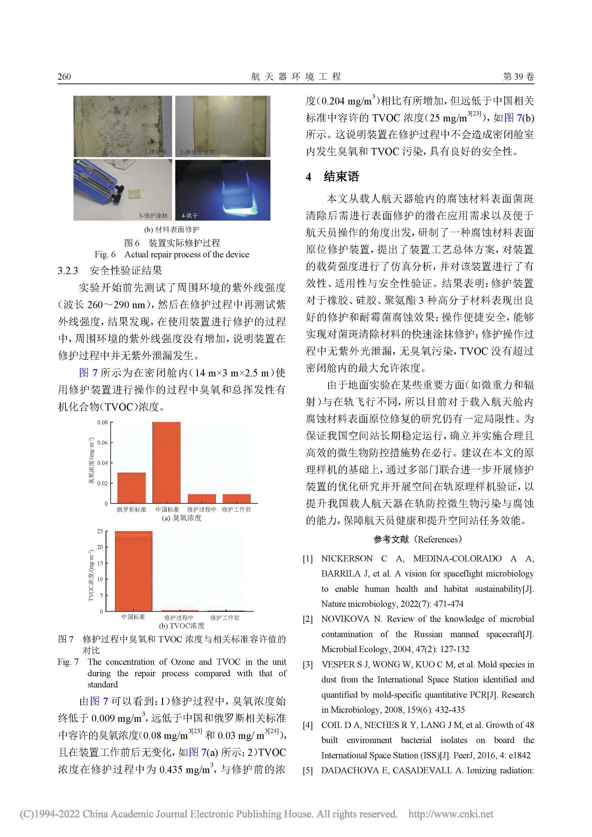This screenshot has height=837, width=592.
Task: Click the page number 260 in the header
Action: (64, 77)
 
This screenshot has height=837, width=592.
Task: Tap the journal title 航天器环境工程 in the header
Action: (296, 77)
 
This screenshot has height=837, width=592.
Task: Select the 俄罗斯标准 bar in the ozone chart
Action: (131, 488)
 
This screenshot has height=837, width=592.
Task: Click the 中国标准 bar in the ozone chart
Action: (166, 463)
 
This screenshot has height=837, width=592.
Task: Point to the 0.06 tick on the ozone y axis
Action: (102, 443)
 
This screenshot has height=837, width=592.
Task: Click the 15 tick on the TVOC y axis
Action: (100, 563)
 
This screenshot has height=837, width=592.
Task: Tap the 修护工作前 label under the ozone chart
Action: (236, 510)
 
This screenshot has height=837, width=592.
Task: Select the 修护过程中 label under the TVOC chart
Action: (179, 617)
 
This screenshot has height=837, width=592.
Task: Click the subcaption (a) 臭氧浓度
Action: (182, 518)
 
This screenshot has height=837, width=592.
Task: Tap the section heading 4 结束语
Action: (333, 177)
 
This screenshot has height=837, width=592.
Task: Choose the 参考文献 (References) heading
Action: (418, 539)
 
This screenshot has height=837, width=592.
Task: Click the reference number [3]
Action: (308, 665)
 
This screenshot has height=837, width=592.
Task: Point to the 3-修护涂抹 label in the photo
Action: (153, 216)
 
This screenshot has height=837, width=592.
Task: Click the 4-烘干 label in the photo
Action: (190, 216)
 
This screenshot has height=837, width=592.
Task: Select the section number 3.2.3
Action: (68, 270)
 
